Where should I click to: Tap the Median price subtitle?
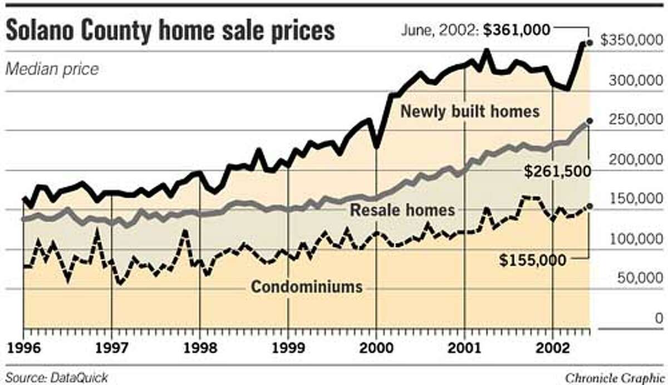tap(52, 69)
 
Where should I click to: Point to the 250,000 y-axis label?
tap(635, 120)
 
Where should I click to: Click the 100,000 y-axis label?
tap(635, 239)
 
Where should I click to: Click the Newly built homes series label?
tap(470, 111)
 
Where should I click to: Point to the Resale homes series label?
tap(402, 210)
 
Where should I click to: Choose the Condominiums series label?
tap(307, 287)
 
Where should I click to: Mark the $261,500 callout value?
tap(557, 171)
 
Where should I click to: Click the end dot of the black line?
tap(590, 42)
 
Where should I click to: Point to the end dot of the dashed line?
tap(590, 206)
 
